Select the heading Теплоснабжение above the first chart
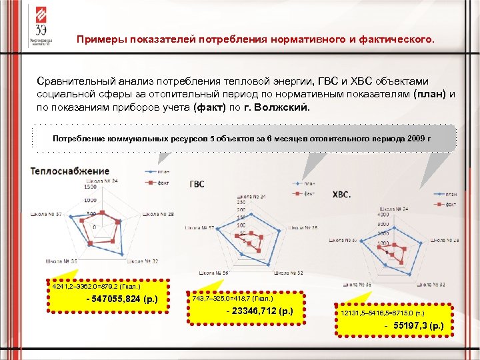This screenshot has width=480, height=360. point(69,171)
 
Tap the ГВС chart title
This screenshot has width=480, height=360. point(197,184)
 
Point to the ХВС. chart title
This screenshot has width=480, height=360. point(342,195)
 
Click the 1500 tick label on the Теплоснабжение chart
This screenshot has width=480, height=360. point(89,187)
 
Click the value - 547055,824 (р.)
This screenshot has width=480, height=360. point(122,299)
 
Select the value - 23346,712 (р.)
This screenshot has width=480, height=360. point(259,311)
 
